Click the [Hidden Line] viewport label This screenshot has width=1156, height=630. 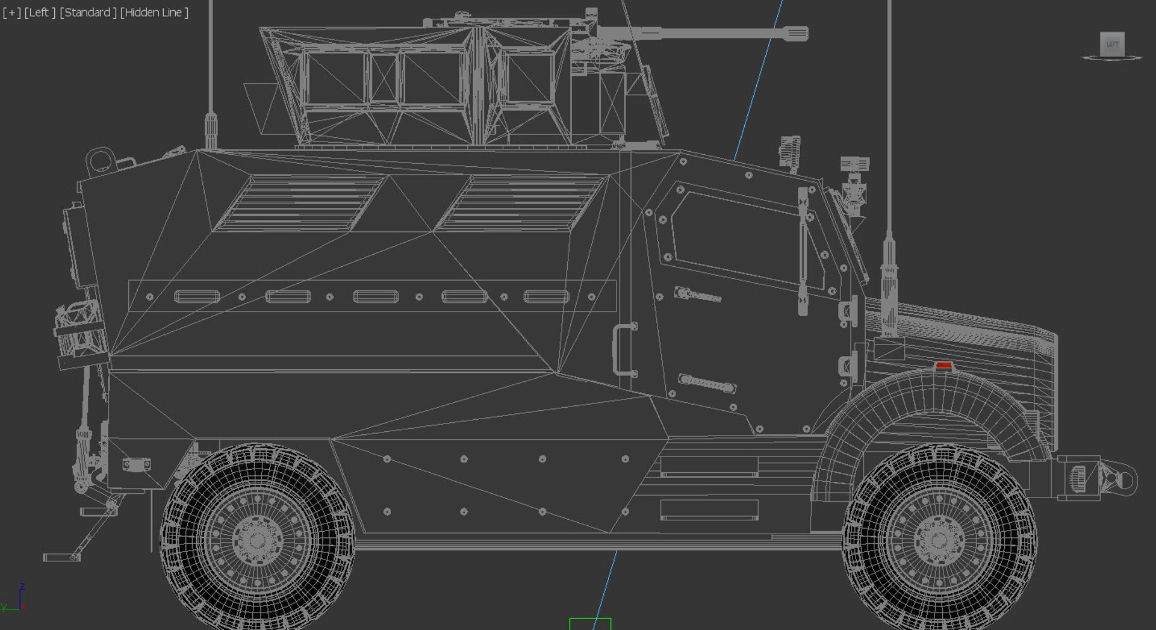[x=154, y=12]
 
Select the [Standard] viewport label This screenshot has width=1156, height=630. [x=88, y=12]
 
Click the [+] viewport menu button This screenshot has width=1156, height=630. [x=11, y=12]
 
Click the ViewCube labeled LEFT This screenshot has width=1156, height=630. [x=1111, y=44]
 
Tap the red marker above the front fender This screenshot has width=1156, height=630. [x=943, y=366]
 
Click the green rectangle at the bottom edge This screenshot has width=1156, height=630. [x=590, y=624]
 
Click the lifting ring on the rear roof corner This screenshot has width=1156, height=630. [x=100, y=160]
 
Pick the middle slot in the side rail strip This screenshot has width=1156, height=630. [x=375, y=296]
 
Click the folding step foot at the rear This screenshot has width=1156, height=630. [x=61, y=557]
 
